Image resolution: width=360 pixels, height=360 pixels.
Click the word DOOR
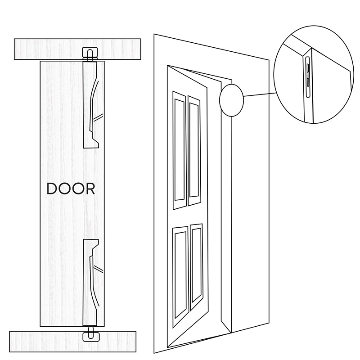71,189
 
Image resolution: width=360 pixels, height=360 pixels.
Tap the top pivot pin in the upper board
90,54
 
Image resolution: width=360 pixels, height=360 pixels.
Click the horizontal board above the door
45,49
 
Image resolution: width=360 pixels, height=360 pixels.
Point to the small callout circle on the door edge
231,100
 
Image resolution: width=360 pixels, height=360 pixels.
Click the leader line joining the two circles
259,95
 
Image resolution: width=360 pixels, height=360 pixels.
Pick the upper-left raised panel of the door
179,148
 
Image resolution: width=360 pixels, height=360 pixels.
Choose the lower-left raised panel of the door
181,274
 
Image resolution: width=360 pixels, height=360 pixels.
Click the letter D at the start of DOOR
52,189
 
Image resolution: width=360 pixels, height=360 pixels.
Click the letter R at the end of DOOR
90,189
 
